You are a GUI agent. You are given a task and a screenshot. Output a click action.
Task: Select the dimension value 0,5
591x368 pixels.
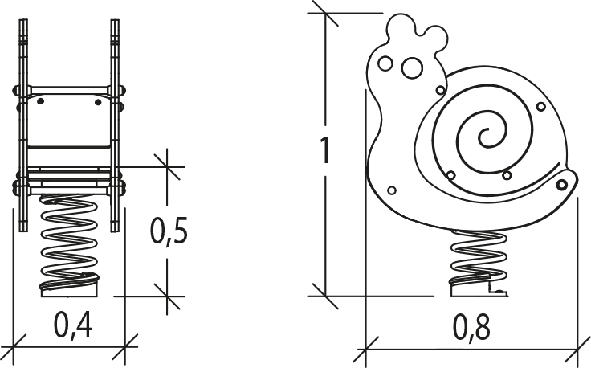pos(169,231)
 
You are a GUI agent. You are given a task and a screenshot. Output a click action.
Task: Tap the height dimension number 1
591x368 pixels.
pos(324,150)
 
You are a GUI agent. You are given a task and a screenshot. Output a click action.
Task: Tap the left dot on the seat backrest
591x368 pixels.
pos(40,100)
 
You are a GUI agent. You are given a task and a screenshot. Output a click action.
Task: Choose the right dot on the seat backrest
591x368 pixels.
pos(99,100)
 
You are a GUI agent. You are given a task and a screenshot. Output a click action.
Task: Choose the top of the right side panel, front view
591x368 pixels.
pos(115,24)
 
